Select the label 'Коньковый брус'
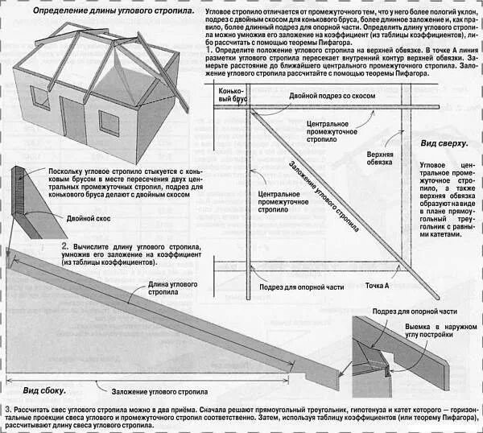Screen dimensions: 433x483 pyautogui.click(x=231, y=97)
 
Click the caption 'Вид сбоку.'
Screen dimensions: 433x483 pyautogui.click(x=44, y=391)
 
